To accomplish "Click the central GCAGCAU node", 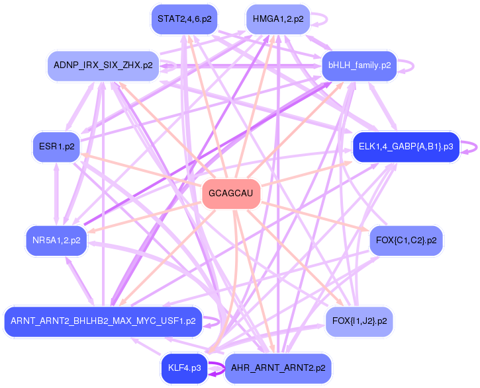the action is [x=231, y=194].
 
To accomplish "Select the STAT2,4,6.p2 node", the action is [x=184, y=19].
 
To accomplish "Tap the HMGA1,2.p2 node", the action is [x=277, y=19].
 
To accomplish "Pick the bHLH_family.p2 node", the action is [x=359, y=65].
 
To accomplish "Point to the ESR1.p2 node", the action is [x=56, y=147].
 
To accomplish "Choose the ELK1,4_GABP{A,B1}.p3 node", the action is [x=405, y=146].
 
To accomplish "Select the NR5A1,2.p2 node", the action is [x=56, y=240].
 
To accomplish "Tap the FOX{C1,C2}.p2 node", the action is [x=406, y=240].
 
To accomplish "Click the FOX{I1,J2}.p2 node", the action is [x=360, y=321].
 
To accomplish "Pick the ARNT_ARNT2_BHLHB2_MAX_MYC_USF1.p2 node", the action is [x=103, y=321].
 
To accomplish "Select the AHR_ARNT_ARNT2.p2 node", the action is [x=277, y=368].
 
